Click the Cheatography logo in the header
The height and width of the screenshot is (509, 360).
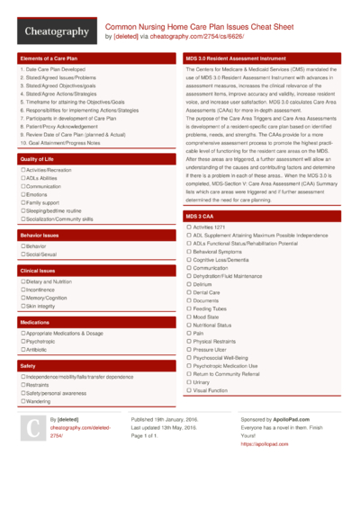55,31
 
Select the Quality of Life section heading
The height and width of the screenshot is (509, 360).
36,158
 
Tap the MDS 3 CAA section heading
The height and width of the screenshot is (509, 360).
201,217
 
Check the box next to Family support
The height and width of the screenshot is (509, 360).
22,202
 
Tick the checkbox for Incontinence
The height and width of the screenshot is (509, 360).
22,290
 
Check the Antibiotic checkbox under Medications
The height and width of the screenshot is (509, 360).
22,350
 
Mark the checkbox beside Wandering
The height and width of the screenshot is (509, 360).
22,401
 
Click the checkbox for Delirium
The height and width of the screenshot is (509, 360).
188,284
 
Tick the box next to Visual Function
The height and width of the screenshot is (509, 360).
188,391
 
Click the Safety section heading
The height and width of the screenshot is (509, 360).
28,366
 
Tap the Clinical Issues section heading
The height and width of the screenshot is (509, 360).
38,270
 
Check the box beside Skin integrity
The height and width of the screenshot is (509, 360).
22,306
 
